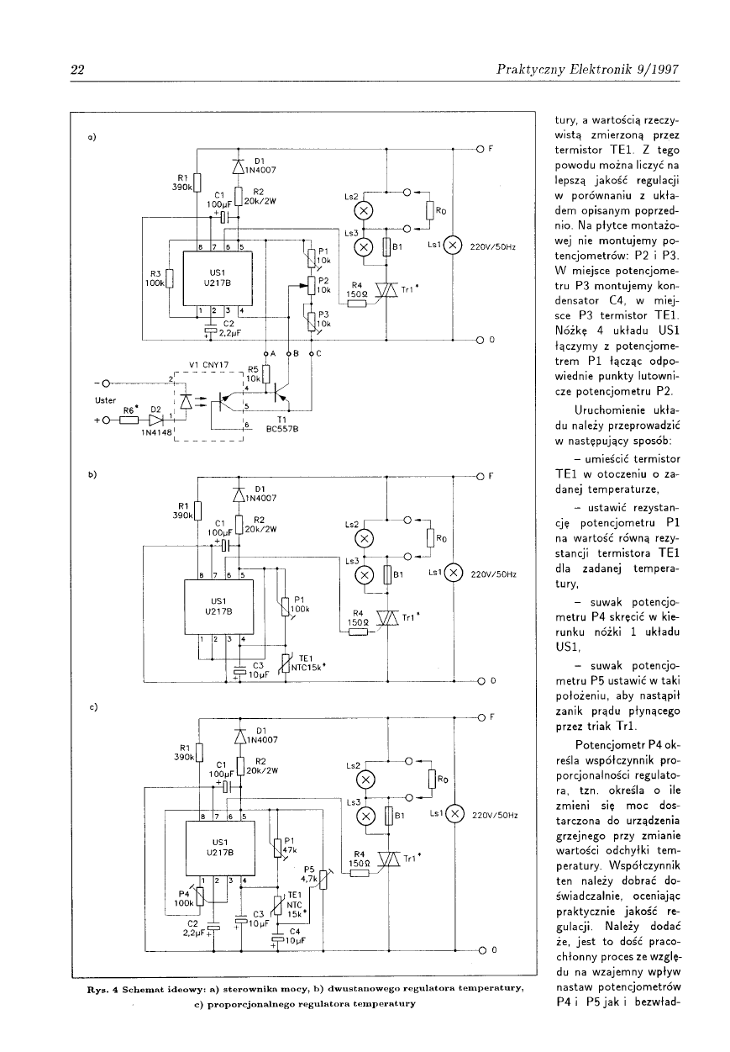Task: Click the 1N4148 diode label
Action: (156, 432)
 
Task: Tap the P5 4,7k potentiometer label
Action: (308, 874)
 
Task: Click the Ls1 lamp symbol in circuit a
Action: (454, 246)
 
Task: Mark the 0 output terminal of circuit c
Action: (482, 950)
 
